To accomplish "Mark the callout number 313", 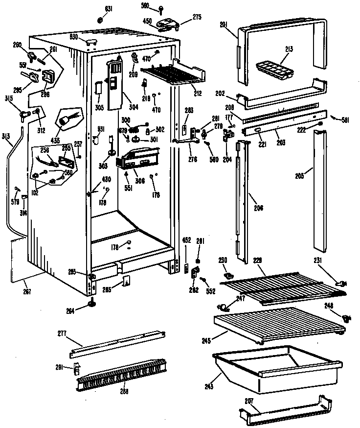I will click(5, 136).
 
